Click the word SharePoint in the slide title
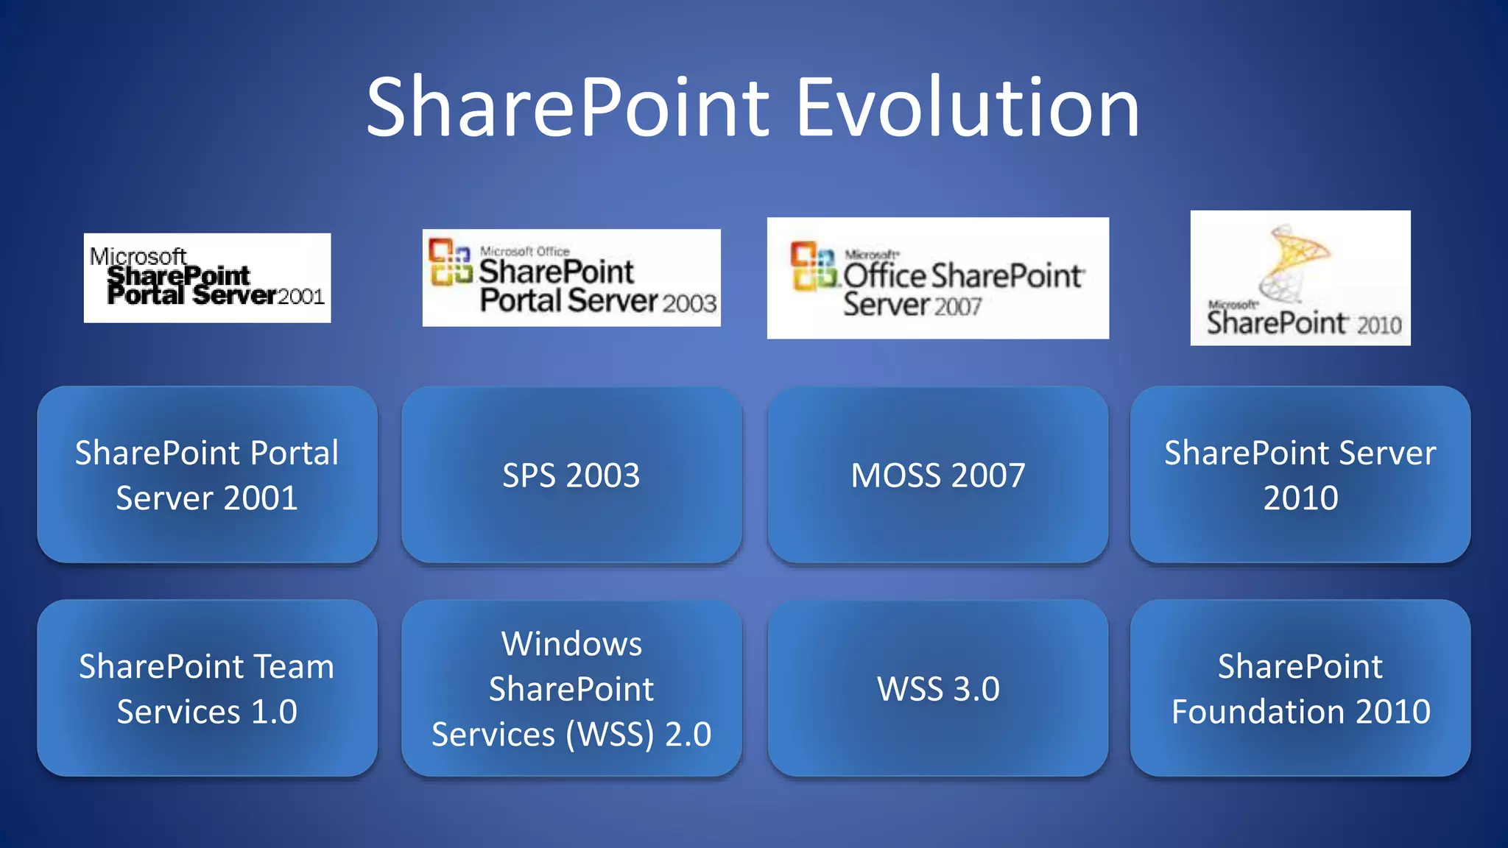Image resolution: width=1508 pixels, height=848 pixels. (x=568, y=108)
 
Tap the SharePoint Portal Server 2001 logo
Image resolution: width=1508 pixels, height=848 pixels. (x=207, y=278)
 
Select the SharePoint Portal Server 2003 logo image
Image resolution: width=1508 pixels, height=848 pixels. (x=571, y=278)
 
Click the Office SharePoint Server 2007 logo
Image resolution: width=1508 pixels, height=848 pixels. (x=937, y=278)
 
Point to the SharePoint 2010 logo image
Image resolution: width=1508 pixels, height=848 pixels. (x=1300, y=278)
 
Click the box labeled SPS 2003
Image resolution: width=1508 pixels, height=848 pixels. (x=571, y=475)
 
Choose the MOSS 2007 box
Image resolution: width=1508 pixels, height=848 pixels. (x=937, y=475)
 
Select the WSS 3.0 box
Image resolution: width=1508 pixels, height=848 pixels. (x=937, y=688)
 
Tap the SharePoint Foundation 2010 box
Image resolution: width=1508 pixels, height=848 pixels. (x=1300, y=688)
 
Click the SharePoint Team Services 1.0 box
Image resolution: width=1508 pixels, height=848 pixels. (x=207, y=688)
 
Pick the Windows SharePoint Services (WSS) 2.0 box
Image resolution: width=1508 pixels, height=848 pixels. (x=571, y=688)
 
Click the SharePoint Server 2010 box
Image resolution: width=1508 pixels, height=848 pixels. (x=1300, y=475)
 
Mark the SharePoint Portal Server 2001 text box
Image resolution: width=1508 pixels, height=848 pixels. (x=207, y=475)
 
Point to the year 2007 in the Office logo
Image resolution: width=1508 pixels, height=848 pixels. (x=958, y=306)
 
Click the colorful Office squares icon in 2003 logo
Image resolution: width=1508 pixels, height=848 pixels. (x=450, y=261)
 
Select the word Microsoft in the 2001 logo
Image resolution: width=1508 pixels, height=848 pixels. (x=138, y=256)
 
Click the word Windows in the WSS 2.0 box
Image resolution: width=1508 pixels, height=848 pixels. (x=571, y=644)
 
